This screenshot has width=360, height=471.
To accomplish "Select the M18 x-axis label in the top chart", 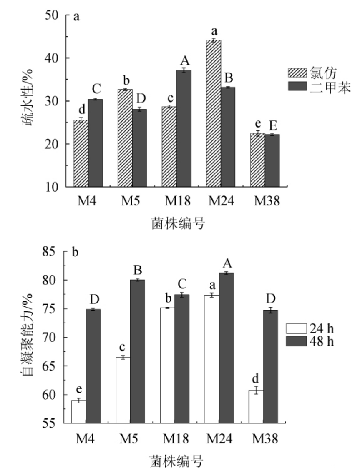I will coord(177,202).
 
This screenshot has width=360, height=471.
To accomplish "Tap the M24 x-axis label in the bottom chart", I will coord(221,439).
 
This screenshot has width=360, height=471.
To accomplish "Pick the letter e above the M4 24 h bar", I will coord(78,389).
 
